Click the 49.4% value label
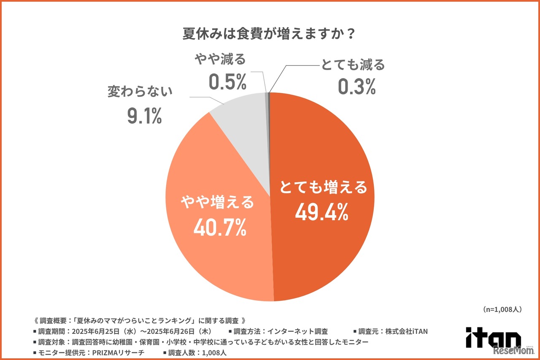tap(321, 212)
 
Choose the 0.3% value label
tap(356, 87)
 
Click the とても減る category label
tap(353, 65)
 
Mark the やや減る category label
tap(220, 60)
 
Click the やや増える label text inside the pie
tap(218, 203)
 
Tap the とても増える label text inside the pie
tap(324, 188)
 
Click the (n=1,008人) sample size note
tap(502, 310)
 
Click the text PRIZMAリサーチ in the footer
tap(119, 353)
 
